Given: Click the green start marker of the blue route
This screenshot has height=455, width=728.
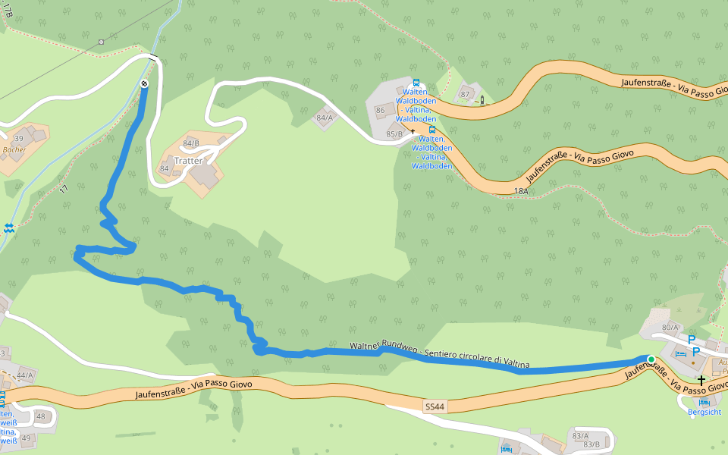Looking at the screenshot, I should (x=651, y=359).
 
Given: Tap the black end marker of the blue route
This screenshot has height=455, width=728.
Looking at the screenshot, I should (x=144, y=83).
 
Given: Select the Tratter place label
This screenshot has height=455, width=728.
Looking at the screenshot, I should (x=188, y=161).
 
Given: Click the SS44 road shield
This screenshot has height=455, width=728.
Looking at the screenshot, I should (x=435, y=407).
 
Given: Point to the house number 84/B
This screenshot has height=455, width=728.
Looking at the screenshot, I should (x=190, y=143).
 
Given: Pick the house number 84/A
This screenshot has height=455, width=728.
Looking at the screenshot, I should (x=325, y=118).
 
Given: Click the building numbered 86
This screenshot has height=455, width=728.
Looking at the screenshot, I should (x=380, y=111).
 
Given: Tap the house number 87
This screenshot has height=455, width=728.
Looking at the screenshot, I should (x=465, y=94).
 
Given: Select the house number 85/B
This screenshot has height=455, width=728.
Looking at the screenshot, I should (x=394, y=134).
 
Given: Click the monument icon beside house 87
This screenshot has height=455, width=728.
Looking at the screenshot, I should (x=481, y=99).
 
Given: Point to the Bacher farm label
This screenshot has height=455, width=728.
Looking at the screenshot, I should (x=14, y=150).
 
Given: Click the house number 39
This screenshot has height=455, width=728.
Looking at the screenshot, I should (x=19, y=138).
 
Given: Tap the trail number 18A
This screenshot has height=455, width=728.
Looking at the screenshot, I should (x=520, y=191).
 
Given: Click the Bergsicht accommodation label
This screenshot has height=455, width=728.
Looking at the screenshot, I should (x=704, y=412).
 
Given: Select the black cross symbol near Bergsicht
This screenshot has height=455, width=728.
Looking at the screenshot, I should (x=701, y=379).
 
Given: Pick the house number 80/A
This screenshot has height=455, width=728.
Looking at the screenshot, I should (x=670, y=327).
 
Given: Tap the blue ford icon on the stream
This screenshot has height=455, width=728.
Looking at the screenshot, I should (x=8, y=227).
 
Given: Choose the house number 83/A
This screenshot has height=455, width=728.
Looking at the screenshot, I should (x=580, y=435).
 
